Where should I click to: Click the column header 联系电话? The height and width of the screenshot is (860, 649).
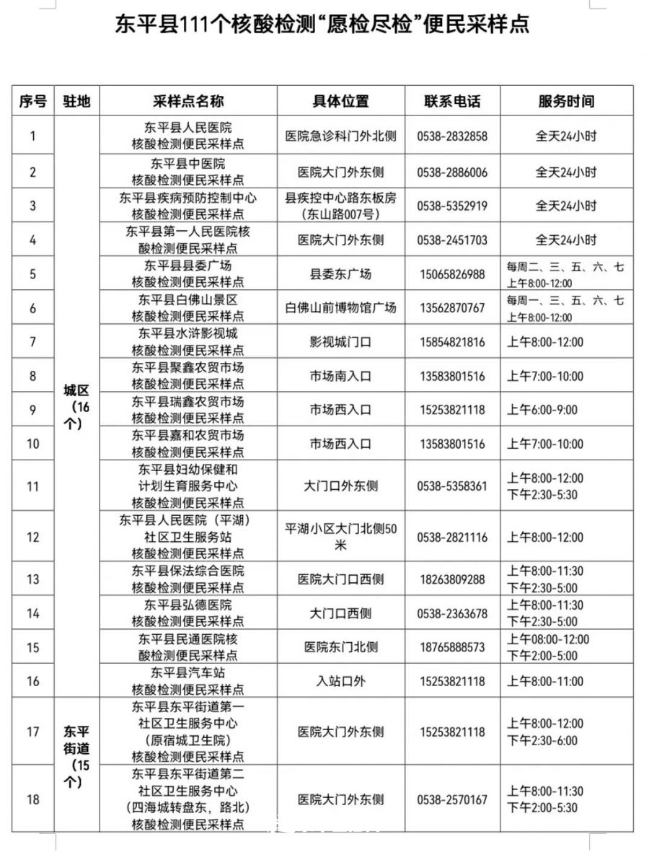(x=452, y=101)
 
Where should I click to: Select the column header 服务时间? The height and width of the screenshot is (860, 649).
(x=566, y=101)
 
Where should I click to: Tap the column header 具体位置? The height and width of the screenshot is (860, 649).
(x=340, y=101)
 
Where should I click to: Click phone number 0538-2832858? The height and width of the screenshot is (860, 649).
(x=452, y=136)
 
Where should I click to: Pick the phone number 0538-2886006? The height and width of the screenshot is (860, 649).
(x=452, y=172)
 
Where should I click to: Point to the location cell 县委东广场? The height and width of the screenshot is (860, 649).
(x=340, y=275)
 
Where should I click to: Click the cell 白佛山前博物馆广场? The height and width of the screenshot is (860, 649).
(x=340, y=308)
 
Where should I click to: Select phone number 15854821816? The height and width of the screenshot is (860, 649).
(x=452, y=342)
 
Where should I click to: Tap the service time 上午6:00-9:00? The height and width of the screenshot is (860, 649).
(x=542, y=410)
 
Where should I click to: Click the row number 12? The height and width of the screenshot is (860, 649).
(x=32, y=537)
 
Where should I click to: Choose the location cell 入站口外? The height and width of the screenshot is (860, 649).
(x=340, y=681)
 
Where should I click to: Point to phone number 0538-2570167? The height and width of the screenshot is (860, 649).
(x=452, y=799)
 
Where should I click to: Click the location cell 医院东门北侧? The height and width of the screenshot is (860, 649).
(x=340, y=647)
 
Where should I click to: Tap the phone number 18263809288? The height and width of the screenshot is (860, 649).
(x=452, y=579)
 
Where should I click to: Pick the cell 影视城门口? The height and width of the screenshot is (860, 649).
(x=340, y=342)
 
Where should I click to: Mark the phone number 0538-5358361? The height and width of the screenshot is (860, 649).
(x=452, y=486)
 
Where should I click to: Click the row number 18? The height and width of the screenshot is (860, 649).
(x=32, y=799)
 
